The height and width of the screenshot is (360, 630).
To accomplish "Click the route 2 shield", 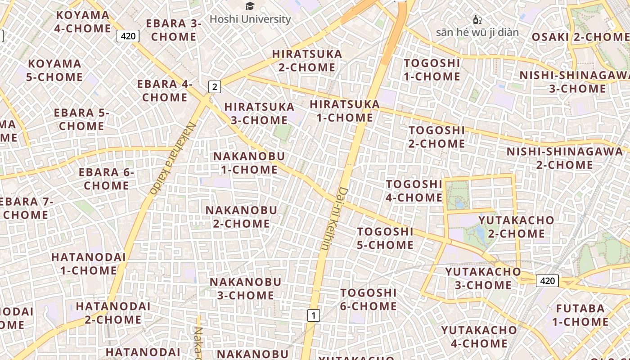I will click(x=215, y=87).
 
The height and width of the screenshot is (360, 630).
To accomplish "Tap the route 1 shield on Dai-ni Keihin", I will click(x=314, y=315).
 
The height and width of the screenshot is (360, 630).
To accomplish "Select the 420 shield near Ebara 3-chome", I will click(x=128, y=36).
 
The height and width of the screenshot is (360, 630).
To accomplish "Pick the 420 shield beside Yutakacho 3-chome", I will click(x=547, y=281).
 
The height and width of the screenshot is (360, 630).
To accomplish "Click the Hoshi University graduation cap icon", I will click(x=250, y=6).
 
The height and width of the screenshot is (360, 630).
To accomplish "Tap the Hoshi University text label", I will click(x=250, y=19).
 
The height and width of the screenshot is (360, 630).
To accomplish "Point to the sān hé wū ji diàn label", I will click(x=477, y=32).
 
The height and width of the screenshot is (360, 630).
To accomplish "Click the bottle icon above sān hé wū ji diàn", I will click(x=477, y=19).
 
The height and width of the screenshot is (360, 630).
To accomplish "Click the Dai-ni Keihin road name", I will click(x=333, y=219).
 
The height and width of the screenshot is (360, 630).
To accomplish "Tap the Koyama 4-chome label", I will click(x=83, y=22).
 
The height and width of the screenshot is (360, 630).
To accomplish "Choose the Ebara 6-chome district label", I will click(x=107, y=179).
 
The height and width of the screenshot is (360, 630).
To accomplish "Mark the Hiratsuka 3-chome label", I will click(x=259, y=113).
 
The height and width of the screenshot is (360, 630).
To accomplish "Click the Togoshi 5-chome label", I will click(x=385, y=238).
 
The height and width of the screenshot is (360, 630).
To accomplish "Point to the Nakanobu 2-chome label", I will click(x=241, y=216).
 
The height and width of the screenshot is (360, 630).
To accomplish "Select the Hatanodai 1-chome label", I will click(x=88, y=264).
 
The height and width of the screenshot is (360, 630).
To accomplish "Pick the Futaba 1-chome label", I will click(x=580, y=315).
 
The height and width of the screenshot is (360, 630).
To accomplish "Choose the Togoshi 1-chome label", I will click(x=432, y=70).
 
